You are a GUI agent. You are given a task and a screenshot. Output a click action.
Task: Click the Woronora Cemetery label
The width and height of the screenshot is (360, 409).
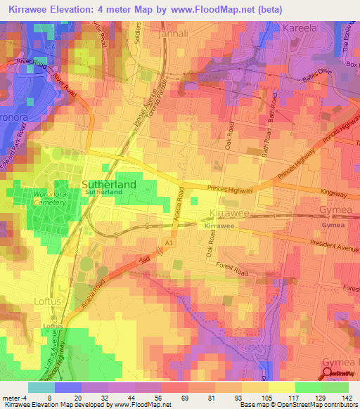pyautogui.click(x=49, y=196)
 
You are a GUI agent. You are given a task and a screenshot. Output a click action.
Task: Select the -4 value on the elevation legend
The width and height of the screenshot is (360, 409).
pyautogui.click(x=18, y=397)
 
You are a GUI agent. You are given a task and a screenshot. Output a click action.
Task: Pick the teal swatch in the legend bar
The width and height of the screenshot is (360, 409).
pyautogui.click(x=41, y=387)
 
